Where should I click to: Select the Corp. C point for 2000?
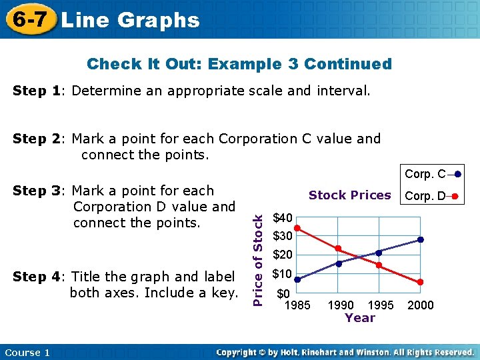pyautogui.click(x=420, y=239)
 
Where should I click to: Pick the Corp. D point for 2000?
pyautogui.click(x=420, y=283)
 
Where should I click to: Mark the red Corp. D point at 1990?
pyautogui.click(x=338, y=249)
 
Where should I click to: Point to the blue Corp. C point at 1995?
pyautogui.click(x=379, y=253)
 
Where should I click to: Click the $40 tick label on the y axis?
pyautogui.click(x=283, y=218)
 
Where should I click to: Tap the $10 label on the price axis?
pyautogui.click(x=283, y=274)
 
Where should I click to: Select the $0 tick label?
pyautogui.click(x=283, y=293)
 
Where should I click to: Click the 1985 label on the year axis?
pyautogui.click(x=297, y=305)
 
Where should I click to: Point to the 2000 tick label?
pyautogui.click(x=420, y=305)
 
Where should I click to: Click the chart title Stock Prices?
pyautogui.click(x=349, y=195)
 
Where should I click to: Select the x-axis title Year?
pyautogui.click(x=360, y=318)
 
